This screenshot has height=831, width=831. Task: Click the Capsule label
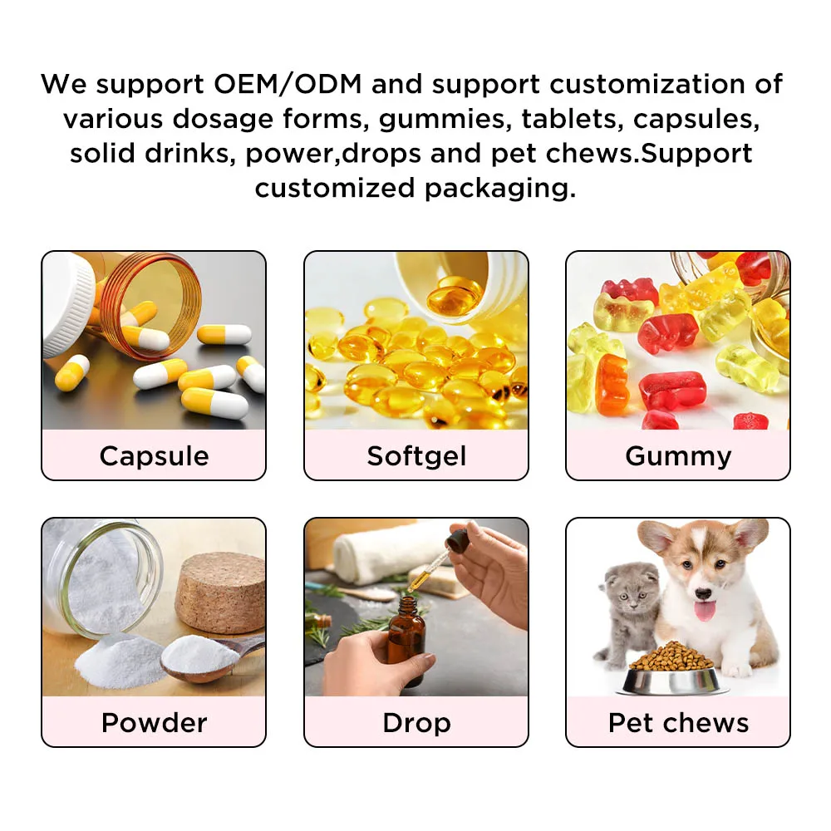pyautogui.click(x=154, y=455)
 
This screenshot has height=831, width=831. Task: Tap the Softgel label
pyautogui.click(x=416, y=455)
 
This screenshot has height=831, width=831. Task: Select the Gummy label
pyautogui.click(x=678, y=455)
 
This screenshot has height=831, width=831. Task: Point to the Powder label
pyautogui.click(x=154, y=722)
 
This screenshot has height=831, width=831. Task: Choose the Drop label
pyautogui.click(x=416, y=722)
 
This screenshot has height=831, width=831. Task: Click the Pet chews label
pyautogui.click(x=678, y=722)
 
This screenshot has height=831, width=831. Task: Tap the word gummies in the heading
pyautogui.click(x=444, y=119)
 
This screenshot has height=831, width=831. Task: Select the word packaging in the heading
pyautogui.click(x=500, y=188)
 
